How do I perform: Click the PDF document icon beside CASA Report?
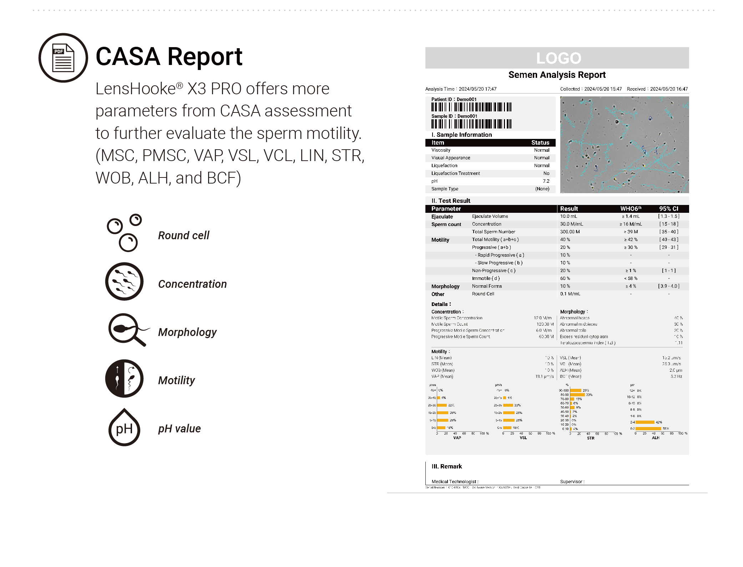(x=63, y=58)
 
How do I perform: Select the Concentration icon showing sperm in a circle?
(x=124, y=281)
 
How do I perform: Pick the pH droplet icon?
(x=124, y=427)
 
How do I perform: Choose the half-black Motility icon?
(x=124, y=378)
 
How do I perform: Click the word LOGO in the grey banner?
(x=558, y=58)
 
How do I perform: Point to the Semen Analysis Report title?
(x=557, y=75)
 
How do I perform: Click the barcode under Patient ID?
(x=471, y=107)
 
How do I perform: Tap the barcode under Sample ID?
(x=471, y=124)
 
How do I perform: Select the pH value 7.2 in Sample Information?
(x=546, y=181)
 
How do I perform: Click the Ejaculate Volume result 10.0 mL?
(x=568, y=216)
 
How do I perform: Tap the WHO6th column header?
(x=631, y=209)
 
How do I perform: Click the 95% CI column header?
(x=668, y=209)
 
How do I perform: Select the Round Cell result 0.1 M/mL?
(x=570, y=294)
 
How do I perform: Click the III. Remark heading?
(x=446, y=466)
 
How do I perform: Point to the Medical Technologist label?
(x=455, y=482)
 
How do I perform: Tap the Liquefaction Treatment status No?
(x=546, y=174)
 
